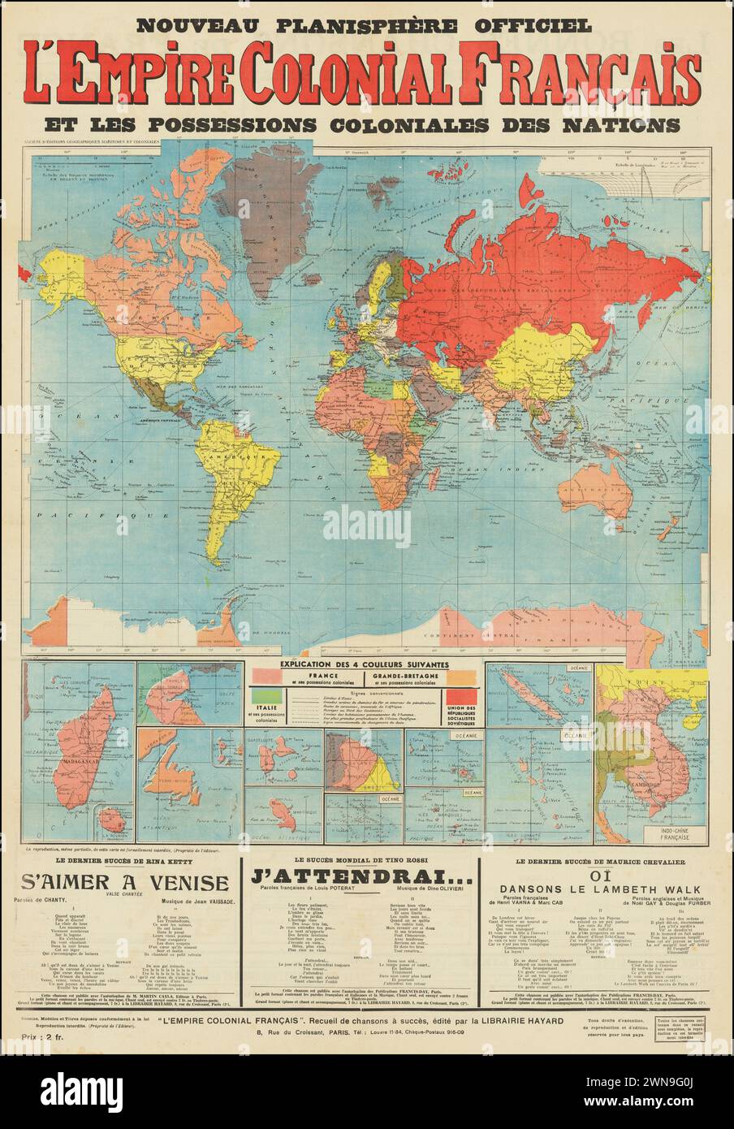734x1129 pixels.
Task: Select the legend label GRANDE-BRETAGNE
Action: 408,676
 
